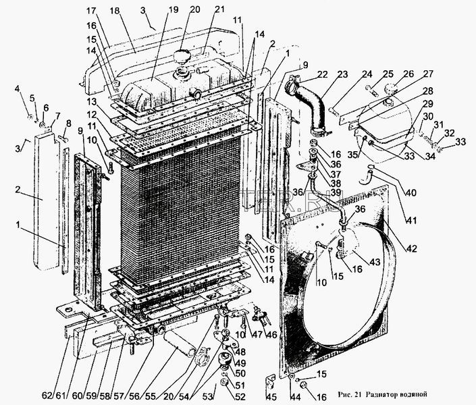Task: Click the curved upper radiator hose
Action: (313, 107)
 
